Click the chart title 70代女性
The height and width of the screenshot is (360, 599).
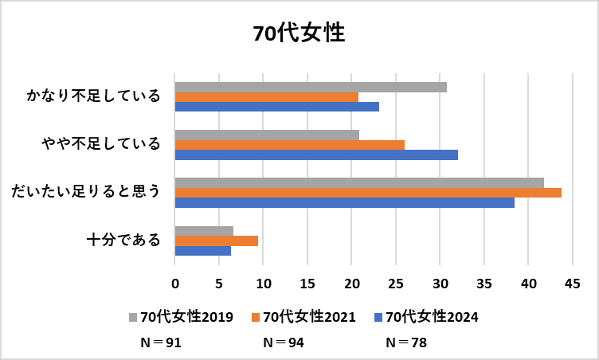[299, 33]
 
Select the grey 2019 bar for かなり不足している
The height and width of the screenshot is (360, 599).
[311, 87]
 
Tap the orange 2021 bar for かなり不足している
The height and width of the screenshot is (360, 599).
[266, 97]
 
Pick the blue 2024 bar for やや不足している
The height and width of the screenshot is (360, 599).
[316, 155]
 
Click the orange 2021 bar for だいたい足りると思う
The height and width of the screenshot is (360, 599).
[368, 193]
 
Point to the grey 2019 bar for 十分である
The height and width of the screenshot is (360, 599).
[204, 231]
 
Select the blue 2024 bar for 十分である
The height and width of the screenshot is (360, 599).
[202, 251]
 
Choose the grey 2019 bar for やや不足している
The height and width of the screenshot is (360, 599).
[267, 135]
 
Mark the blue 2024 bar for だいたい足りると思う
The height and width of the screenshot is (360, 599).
[344, 202]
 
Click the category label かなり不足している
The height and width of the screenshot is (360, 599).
[94, 96]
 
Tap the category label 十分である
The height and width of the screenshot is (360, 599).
[123, 240]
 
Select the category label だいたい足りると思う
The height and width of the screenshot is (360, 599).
[86, 192]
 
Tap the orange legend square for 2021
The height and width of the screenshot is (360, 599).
[256, 317]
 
